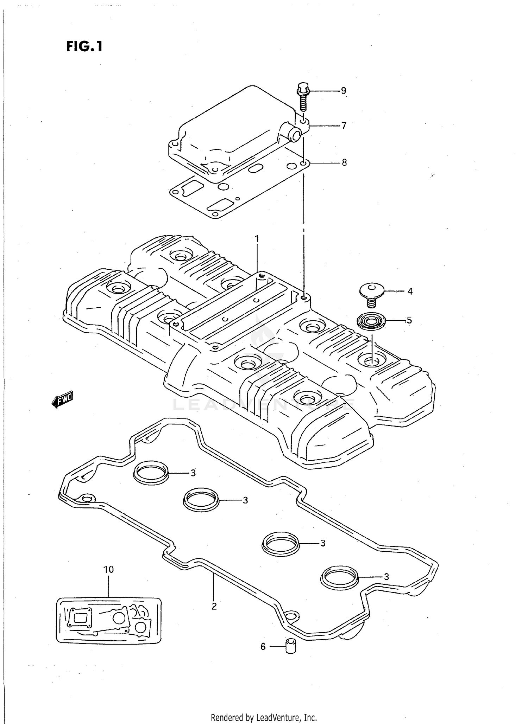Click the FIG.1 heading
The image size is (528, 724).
(84, 46)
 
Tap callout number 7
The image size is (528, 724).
(344, 126)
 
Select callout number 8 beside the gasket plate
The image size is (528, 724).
(344, 162)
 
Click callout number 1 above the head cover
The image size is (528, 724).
(257, 239)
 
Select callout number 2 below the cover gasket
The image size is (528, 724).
(214, 606)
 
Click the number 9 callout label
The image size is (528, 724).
(344, 91)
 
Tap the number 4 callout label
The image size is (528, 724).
(410, 291)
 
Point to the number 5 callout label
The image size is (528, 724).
(409, 320)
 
